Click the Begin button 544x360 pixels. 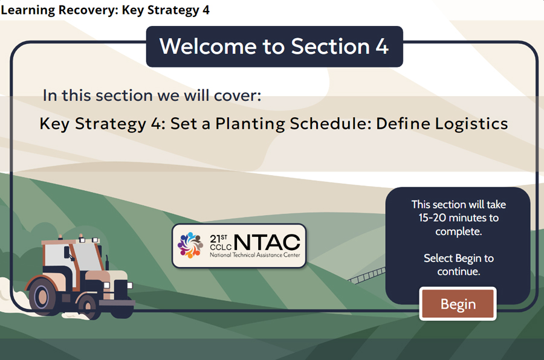[x=458, y=304]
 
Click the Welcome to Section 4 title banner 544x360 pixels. [x=274, y=47]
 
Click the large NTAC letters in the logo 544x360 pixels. [x=266, y=242]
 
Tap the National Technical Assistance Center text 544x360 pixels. [x=254, y=256]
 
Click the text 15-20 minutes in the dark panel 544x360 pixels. [x=458, y=218]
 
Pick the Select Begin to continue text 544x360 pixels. [x=458, y=265]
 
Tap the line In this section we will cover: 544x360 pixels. [x=152, y=95]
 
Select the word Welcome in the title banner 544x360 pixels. [x=200, y=47]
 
